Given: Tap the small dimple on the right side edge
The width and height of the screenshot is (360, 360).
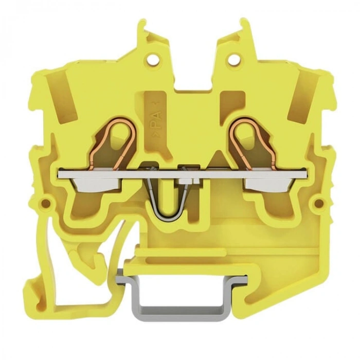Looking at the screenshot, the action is point(318,202).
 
